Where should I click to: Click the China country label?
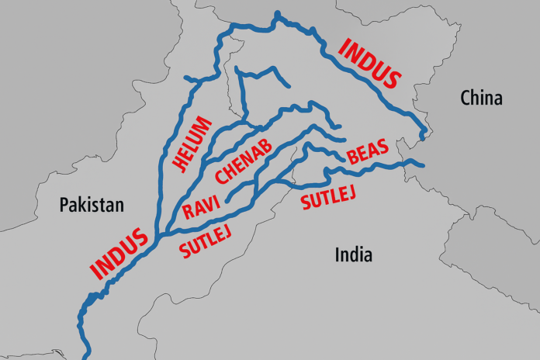point(481,99)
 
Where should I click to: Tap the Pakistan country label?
point(92,206)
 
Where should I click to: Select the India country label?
point(353,254)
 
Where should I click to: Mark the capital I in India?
point(337,254)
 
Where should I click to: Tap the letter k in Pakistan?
point(83,206)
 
